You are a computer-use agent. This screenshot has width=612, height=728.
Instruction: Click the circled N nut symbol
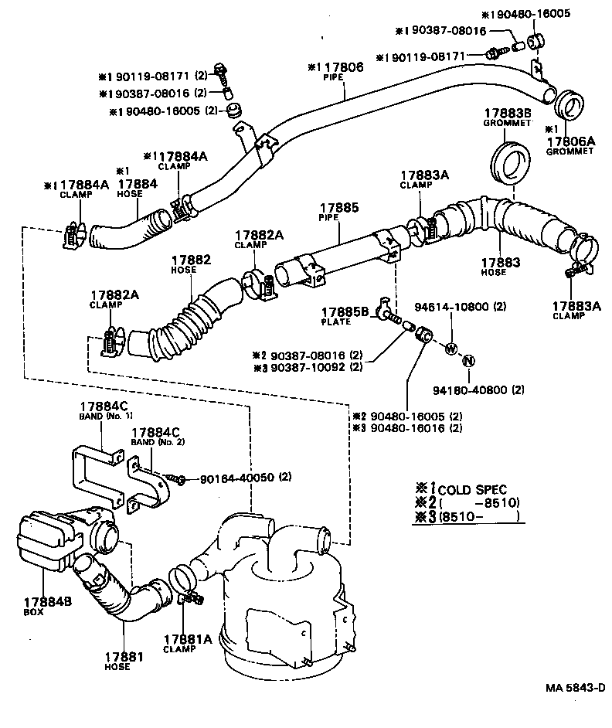click(468, 362)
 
